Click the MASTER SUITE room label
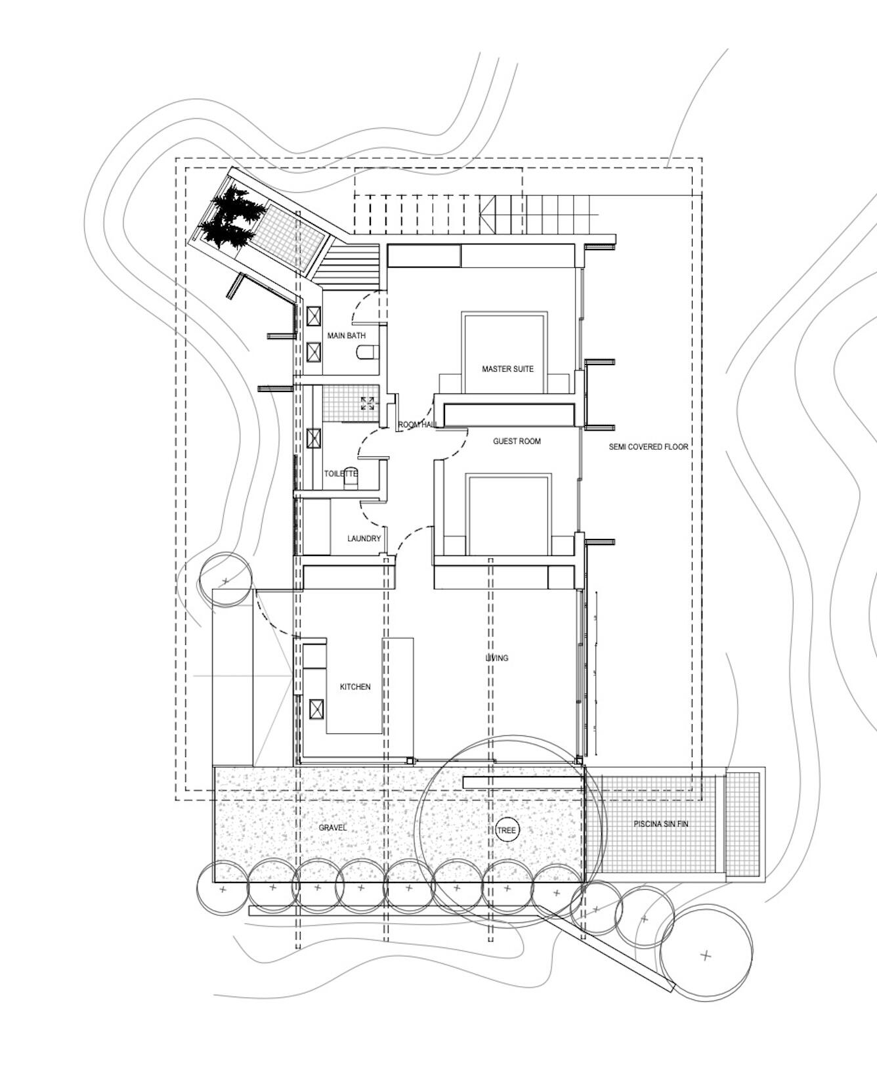[507, 369]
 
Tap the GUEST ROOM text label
[517, 441]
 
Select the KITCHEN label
[354, 687]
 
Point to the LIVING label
[496, 658]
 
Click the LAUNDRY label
[364, 538]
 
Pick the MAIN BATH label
[347, 336]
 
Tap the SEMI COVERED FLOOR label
[648, 446]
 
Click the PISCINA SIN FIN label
[660, 823]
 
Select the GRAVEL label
[332, 828]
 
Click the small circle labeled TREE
[507, 830]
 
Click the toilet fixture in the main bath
[365, 353]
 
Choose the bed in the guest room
[507, 515]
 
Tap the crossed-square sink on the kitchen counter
[317, 710]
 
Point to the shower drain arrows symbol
[368, 403]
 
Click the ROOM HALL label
[417, 425]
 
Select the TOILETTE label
[341, 473]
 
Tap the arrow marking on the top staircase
[488, 214]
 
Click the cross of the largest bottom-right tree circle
[706, 955]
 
